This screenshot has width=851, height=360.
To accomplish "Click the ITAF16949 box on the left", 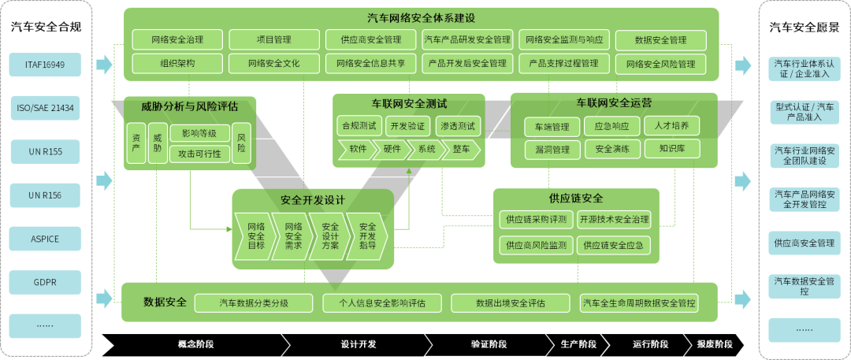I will (45, 65).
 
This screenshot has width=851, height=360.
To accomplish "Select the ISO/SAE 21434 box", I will (45, 108).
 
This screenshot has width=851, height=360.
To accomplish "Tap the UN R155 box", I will (45, 151).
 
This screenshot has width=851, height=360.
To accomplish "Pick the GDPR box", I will (45, 281).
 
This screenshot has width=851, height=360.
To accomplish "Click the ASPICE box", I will (45, 238).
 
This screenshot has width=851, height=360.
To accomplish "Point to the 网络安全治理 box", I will (177, 40).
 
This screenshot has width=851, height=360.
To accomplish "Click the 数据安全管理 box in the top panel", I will (660, 40).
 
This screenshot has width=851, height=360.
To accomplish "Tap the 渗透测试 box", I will (458, 126).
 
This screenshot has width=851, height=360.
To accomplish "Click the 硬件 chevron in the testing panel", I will (392, 150).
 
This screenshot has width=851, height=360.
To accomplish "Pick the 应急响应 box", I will (611, 126).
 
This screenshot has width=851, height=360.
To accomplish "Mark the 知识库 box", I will (671, 148).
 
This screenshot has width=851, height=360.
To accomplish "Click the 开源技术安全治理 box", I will (614, 220).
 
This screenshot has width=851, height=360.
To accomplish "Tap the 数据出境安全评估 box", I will (511, 302).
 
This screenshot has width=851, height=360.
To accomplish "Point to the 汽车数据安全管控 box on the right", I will (804, 285).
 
